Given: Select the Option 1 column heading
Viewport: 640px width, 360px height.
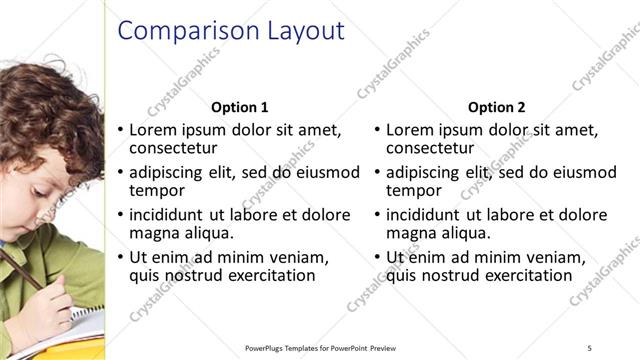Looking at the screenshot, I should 240,107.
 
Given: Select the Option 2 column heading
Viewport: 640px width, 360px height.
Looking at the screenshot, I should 496,107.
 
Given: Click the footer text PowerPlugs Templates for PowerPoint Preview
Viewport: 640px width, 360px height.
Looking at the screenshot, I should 329,347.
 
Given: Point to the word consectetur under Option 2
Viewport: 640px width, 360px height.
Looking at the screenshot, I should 431,148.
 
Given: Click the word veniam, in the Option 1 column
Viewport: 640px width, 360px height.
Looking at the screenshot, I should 299,257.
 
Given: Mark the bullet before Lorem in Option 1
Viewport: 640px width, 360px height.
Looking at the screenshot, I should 120,130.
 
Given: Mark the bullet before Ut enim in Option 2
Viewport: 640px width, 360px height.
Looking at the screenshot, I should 377,257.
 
